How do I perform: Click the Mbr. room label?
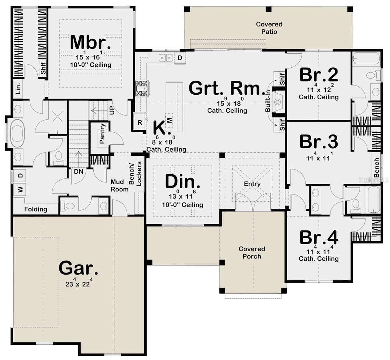tap(90, 42)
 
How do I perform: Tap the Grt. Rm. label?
tap(227, 88)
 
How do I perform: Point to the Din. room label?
tap(182, 181)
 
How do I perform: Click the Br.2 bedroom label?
tap(319, 75)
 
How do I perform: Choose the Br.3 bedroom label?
tap(319, 141)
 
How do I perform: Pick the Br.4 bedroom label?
tap(319, 237)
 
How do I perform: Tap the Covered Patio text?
tap(269, 28)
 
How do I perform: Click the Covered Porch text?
tap(252, 252)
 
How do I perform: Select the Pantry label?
tap(102, 133)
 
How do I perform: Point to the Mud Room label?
tap(119, 185)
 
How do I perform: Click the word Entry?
tap(252, 184)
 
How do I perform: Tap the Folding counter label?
tap(36, 209)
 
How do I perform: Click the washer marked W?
tap(20, 190)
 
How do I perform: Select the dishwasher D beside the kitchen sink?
tap(180, 58)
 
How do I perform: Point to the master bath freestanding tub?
tap(18, 133)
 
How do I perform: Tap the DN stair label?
tap(79, 172)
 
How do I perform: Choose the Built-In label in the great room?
tap(268, 101)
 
